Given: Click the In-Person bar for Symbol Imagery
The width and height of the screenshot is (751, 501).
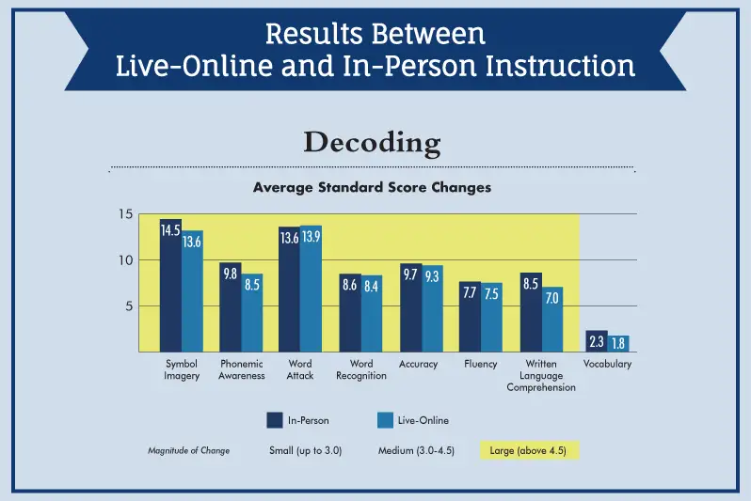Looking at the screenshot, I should point(170,287).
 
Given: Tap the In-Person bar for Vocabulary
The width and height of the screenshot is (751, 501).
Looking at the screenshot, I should point(596,342).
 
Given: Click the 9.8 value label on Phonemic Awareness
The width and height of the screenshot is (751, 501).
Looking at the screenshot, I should point(231,274).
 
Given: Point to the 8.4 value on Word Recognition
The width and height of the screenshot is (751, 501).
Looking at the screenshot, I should point(372,285).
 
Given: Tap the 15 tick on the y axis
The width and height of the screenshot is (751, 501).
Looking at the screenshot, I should point(125,213).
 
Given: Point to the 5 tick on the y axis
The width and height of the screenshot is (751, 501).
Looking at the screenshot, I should point(130,305).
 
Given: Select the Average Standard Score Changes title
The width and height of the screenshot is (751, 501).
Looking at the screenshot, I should point(372,187).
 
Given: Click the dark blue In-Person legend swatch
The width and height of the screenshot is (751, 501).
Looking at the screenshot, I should point(275,419).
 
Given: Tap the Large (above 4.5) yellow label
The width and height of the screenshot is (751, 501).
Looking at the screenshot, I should point(530,450).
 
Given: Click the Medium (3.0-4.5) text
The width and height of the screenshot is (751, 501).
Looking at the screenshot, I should point(417,450).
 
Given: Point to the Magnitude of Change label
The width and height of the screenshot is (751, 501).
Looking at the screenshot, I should point(188,450).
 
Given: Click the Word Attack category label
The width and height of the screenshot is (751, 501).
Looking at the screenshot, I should point(300,369).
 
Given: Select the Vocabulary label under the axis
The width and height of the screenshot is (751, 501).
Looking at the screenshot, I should point(607,364).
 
